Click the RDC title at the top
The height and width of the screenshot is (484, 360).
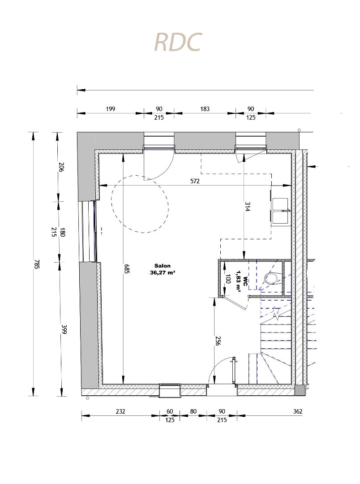coord(178,42)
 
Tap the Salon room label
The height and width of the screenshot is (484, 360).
coord(162,266)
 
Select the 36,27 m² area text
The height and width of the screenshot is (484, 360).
coord(163,272)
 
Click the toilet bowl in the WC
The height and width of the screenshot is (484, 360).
coord(272,278)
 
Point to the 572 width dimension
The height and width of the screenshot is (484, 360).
coord(195,181)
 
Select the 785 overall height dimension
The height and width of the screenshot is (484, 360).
coord(37,264)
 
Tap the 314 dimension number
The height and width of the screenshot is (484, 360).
coord(248,207)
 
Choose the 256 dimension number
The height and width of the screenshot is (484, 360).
coord(218,341)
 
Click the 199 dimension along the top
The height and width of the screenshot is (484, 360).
coord(111,109)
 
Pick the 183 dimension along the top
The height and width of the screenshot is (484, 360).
coord(205,109)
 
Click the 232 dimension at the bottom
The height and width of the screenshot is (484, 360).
coord(120,411)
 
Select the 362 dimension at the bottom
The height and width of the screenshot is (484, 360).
coord(298,411)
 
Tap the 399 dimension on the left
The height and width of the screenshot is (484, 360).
coord(64,329)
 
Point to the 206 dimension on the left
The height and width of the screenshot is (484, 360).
coord(61,167)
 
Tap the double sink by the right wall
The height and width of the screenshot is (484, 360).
coord(280,211)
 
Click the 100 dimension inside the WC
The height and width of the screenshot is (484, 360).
coord(228,279)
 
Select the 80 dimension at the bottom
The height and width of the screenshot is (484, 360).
coord(193,411)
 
